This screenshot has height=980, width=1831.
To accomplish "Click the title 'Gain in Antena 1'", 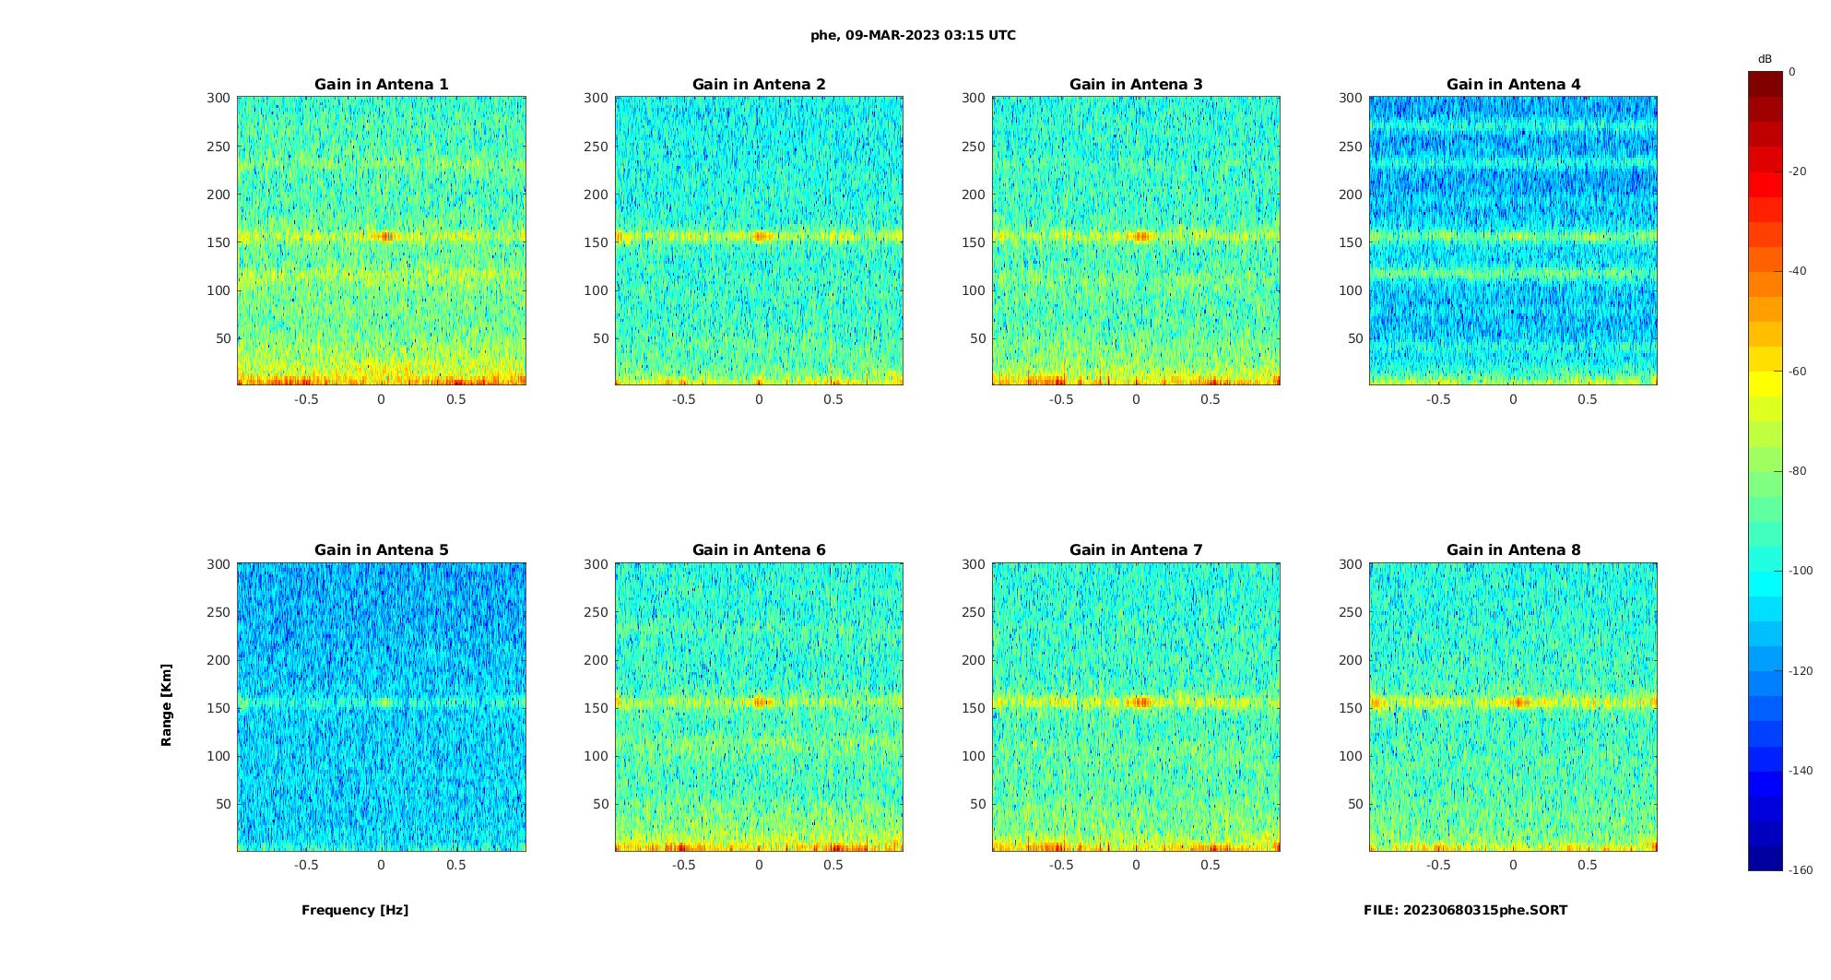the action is [x=381, y=84].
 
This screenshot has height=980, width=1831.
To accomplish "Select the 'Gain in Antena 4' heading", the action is [x=1513, y=84].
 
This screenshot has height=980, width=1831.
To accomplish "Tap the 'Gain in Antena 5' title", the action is [x=381, y=549].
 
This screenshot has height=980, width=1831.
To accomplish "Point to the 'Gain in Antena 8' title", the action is [x=1513, y=549].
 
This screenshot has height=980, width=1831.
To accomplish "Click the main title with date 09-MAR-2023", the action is [x=913, y=35].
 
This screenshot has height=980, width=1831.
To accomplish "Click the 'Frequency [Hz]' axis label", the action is [x=355, y=910].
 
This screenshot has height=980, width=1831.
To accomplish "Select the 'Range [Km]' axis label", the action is [x=166, y=704].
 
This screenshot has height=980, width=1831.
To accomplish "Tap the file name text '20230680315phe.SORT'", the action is [x=1484, y=910].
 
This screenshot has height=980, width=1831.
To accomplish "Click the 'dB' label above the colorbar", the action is [x=1765, y=59].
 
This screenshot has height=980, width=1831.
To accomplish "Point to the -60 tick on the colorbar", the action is [x=1798, y=372].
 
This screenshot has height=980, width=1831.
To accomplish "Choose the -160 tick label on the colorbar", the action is [x=1801, y=870].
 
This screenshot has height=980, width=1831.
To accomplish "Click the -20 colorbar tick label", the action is [x=1798, y=171].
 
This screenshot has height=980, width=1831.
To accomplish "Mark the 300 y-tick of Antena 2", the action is [x=596, y=98].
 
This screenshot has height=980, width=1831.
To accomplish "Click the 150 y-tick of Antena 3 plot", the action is [x=974, y=242].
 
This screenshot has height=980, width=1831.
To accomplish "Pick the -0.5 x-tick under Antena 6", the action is [x=683, y=865].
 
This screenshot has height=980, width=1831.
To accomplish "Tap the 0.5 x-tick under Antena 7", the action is [x=1211, y=865].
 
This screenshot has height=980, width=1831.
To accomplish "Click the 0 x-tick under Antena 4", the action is [x=1513, y=399].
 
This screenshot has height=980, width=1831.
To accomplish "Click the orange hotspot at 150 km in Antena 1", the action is [x=386, y=237].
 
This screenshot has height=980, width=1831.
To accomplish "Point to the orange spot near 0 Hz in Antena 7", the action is [x=1141, y=703].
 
